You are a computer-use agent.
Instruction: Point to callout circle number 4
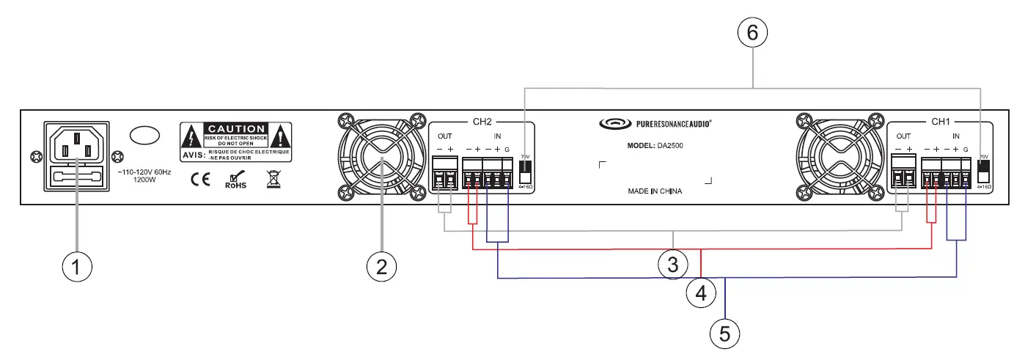(700, 293)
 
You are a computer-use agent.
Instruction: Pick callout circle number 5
(724, 334)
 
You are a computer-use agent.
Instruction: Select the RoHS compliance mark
(235, 180)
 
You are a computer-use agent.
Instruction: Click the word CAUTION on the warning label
(235, 128)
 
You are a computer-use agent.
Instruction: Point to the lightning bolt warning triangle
(191, 137)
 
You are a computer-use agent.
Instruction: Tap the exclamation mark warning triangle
(281, 137)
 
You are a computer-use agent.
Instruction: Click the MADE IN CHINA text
(655, 191)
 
